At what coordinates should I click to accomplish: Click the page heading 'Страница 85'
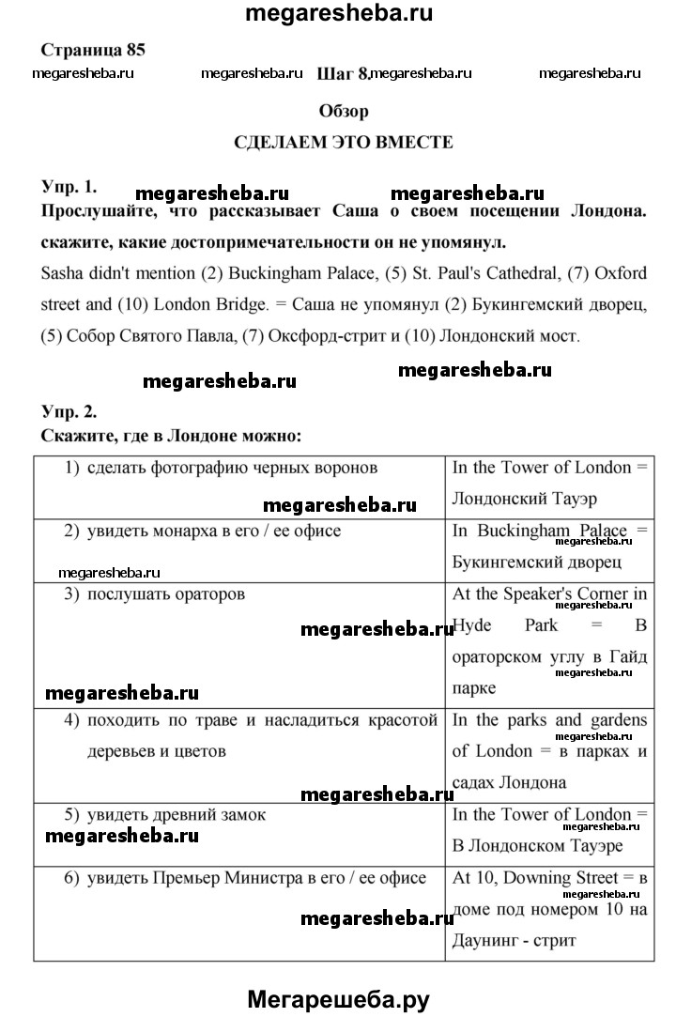click(94, 49)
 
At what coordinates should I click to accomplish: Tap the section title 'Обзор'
click(344, 111)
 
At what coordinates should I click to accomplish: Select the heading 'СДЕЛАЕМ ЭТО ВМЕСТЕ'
click(344, 143)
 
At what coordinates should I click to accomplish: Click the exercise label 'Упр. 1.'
click(69, 187)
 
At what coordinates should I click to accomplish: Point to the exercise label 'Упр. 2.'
click(69, 411)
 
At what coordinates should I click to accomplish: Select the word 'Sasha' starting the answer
click(63, 273)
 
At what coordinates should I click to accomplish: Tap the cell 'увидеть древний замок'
click(177, 815)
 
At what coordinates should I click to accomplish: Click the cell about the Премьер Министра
click(256, 878)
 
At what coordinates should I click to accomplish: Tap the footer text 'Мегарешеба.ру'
click(338, 998)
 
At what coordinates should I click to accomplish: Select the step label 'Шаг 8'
click(344, 72)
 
